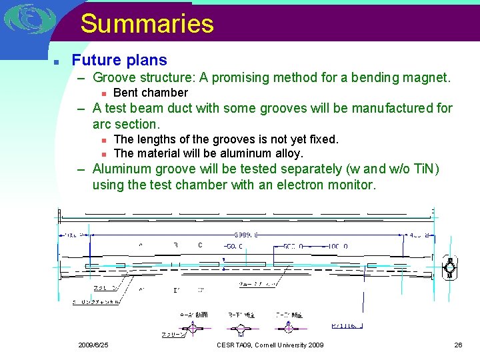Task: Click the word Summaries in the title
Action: (147, 24)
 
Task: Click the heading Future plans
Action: (119, 60)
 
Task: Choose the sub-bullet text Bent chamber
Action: (151, 93)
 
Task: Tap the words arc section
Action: (127, 124)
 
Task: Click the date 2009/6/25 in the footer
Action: (93, 345)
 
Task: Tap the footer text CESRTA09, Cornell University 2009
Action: (270, 345)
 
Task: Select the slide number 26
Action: (458, 345)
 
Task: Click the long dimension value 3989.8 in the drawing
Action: (246, 235)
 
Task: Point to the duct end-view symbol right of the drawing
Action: (451, 268)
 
